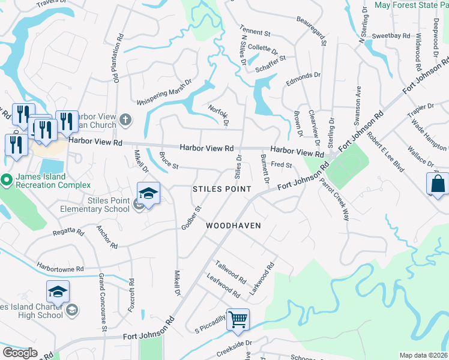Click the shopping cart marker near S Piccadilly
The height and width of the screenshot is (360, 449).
coord(238,320)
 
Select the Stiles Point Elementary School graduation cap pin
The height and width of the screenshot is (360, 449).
coord(148,194)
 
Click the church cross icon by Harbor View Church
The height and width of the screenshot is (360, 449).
coord(125,119)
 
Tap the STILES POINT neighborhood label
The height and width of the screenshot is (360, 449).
coord(221,189)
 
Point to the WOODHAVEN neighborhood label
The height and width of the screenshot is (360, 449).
coord(233,226)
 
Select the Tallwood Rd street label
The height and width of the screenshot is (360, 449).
coord(231,272)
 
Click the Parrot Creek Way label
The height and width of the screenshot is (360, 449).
coord(334,199)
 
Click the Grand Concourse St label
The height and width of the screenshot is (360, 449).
coord(102,302)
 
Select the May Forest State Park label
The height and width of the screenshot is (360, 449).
coord(411,5)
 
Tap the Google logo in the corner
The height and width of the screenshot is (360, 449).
coord(20,353)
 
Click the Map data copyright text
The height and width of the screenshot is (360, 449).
coord(423,355)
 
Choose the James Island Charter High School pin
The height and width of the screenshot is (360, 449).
coord(58,293)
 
